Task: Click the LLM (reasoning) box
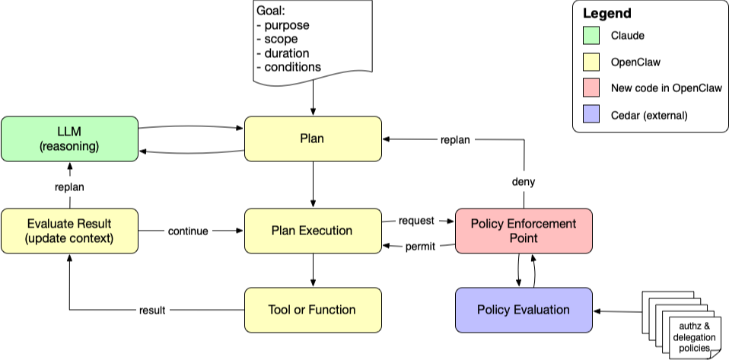[x=68, y=139]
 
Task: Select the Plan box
[x=313, y=139]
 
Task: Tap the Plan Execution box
[x=313, y=231]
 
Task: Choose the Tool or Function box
[x=313, y=310]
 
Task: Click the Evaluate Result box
[x=68, y=231]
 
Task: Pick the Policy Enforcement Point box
[x=524, y=231]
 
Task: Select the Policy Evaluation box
[x=524, y=310]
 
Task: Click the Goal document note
[x=313, y=42]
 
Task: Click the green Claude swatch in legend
[x=593, y=35]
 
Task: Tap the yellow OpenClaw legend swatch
[x=593, y=62]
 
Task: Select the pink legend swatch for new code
[x=593, y=88]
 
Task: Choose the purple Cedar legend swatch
[x=593, y=115]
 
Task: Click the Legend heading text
[x=606, y=14]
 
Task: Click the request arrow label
[x=416, y=221]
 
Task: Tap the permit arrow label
[x=420, y=247]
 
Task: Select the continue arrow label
[x=188, y=231]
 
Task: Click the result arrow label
[x=152, y=310]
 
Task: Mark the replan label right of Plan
[x=455, y=140]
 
